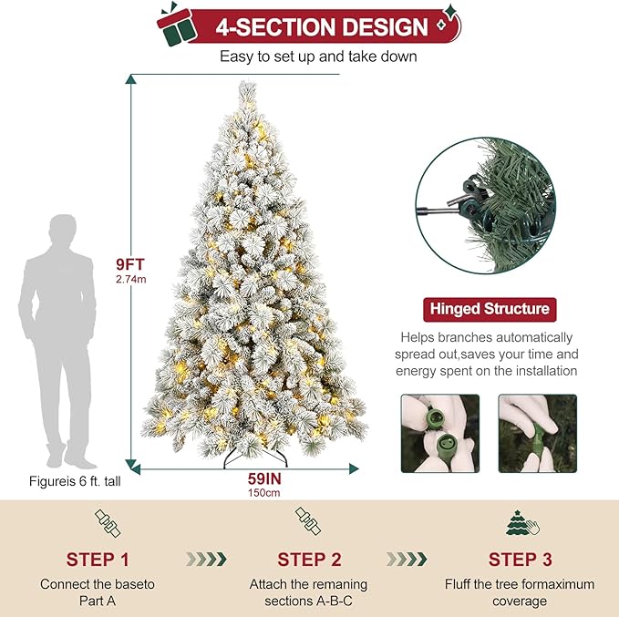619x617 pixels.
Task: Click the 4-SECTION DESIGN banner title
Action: point(321,26)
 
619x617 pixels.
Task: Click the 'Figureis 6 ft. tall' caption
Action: point(72,481)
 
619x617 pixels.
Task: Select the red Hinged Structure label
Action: point(487,309)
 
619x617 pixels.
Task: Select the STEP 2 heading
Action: point(308,559)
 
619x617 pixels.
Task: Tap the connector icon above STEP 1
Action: point(108,522)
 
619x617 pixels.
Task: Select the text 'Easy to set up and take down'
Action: point(318,57)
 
